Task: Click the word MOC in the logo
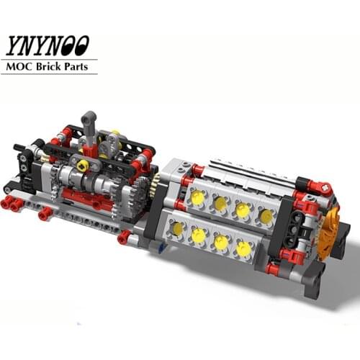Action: click(x=20, y=66)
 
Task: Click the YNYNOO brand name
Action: click(x=49, y=45)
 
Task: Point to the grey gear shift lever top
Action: click(x=89, y=117)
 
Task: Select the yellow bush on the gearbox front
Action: click(x=83, y=166)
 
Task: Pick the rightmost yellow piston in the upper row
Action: click(x=266, y=215)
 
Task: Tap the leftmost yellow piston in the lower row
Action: click(x=175, y=229)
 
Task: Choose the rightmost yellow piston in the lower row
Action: click(x=243, y=249)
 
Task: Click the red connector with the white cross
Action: click(x=325, y=189)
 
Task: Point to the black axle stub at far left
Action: click(x=19, y=148)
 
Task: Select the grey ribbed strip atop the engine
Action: click(x=245, y=173)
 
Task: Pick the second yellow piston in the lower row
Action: click(x=198, y=235)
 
